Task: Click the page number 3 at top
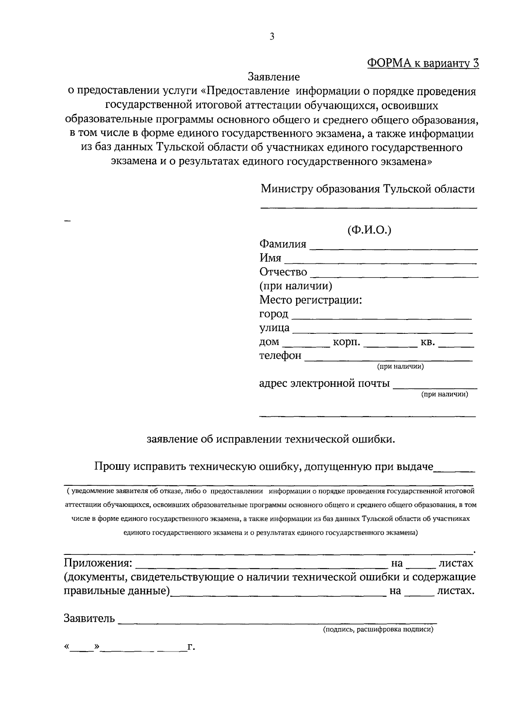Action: point(272,37)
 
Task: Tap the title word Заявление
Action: point(274,77)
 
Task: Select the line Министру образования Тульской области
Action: point(367,189)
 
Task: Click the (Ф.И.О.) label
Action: point(369,230)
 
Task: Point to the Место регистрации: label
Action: point(310,300)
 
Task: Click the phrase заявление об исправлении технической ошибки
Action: point(271,440)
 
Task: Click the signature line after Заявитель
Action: point(277,622)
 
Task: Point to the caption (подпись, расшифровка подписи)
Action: point(378,630)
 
